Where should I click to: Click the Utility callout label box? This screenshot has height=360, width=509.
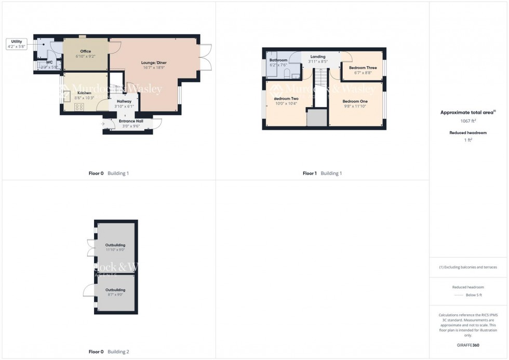point(17,44)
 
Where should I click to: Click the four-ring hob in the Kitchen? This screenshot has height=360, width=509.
point(80,108)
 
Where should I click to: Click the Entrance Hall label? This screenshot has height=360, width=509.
point(131,121)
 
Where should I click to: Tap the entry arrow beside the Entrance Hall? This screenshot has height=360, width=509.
point(102,124)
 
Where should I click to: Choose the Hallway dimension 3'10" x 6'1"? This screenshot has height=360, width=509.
point(124,106)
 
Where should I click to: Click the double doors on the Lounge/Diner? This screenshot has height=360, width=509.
point(206,57)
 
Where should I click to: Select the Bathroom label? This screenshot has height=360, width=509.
point(278,60)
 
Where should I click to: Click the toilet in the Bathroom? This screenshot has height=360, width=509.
point(287,74)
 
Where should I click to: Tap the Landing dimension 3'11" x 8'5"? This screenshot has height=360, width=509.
point(318,61)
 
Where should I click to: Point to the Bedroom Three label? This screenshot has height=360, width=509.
point(363,68)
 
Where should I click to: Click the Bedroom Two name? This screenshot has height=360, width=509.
point(286,98)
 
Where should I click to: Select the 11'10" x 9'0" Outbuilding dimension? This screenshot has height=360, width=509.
point(115,249)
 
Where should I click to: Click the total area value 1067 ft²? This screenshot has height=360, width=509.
point(468,121)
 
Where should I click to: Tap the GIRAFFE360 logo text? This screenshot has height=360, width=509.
point(468,345)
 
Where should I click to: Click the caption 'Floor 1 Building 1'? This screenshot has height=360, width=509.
point(322,174)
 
